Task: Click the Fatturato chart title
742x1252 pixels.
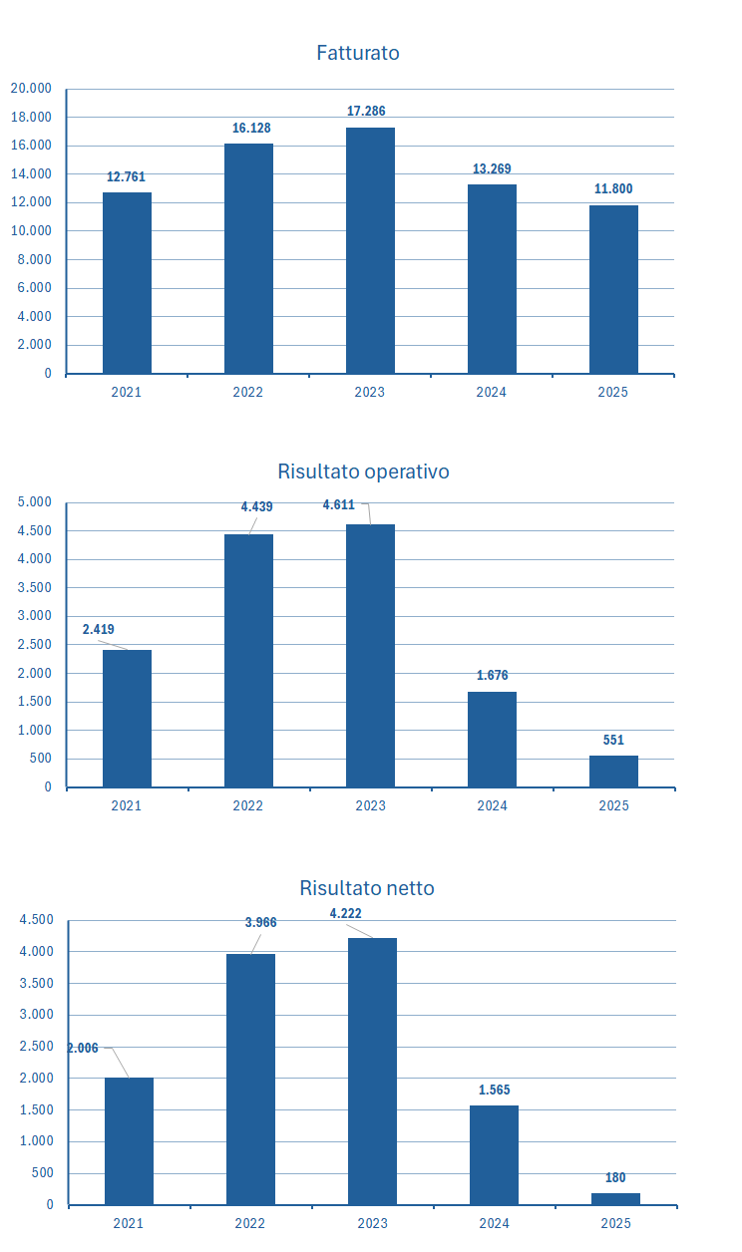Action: click(x=358, y=53)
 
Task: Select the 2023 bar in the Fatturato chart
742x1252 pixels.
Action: click(x=370, y=250)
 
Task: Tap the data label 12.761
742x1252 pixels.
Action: click(x=126, y=176)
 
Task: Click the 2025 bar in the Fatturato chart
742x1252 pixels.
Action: click(x=613, y=289)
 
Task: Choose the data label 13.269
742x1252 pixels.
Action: click(x=492, y=168)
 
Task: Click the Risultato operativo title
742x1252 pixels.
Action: click(x=363, y=471)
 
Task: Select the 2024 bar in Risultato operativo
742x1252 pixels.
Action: click(x=492, y=739)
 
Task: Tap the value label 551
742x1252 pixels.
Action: click(x=613, y=740)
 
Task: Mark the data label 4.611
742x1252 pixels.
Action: click(x=338, y=505)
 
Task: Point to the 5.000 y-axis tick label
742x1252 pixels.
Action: click(x=34, y=502)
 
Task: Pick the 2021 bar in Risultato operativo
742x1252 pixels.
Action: click(x=127, y=718)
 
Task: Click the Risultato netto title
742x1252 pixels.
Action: click(x=367, y=888)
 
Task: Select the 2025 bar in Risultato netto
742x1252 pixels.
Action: click(x=615, y=1198)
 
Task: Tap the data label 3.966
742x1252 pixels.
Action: click(x=260, y=922)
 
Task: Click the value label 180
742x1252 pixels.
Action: click(x=615, y=1177)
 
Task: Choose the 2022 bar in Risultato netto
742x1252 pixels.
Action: click(x=250, y=1079)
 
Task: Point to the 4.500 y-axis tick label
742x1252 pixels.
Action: click(x=36, y=920)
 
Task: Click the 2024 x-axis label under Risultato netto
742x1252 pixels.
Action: click(x=494, y=1223)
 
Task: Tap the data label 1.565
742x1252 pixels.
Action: click(x=493, y=1090)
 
